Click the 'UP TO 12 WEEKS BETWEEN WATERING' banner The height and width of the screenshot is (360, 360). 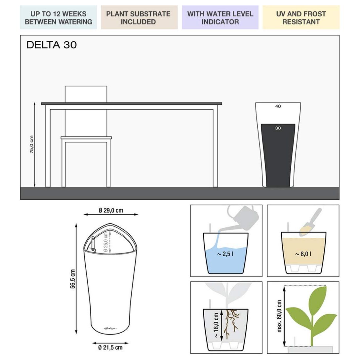point(58,18)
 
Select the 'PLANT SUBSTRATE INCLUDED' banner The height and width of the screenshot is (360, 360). point(139,18)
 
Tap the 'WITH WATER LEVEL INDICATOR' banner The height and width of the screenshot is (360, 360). point(220,18)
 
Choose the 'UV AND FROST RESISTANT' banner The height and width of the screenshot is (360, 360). point(301,18)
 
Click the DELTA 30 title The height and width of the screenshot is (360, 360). point(52,45)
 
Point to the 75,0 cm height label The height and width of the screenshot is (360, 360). point(31,144)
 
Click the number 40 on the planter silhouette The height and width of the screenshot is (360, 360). point(278,106)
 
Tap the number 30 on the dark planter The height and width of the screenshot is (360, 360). point(278,128)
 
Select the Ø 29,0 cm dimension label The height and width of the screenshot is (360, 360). point(111,210)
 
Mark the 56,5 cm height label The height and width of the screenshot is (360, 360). point(72,279)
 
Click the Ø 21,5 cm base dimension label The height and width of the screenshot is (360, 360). point(110,347)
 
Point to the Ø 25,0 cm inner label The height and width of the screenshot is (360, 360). point(105,242)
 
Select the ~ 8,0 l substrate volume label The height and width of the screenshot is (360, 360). point(303,254)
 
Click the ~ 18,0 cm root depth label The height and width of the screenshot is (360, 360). point(216,325)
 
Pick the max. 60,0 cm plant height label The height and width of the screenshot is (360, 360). point(279,316)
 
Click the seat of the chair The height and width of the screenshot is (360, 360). point(86,138)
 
